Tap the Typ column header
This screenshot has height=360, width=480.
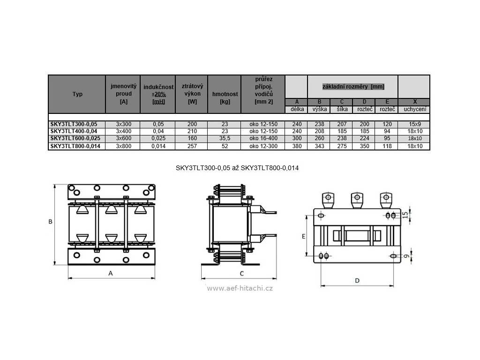click(77, 94)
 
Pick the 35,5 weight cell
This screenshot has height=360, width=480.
click(224, 139)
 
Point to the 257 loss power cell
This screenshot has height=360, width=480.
click(192, 147)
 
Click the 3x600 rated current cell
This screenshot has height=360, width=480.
click(123, 139)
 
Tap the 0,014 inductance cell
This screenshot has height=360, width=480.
click(157, 147)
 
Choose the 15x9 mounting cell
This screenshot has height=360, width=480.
click(414, 124)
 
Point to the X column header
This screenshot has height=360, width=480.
click(414, 102)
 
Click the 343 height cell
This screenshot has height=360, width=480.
click(319, 147)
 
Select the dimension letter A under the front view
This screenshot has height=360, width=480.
click(110, 272)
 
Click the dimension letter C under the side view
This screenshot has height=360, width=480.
click(241, 273)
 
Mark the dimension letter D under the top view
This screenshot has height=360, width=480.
click(357, 280)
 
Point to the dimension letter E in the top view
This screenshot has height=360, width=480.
click(304, 237)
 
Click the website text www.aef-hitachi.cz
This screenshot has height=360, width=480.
click(240, 288)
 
